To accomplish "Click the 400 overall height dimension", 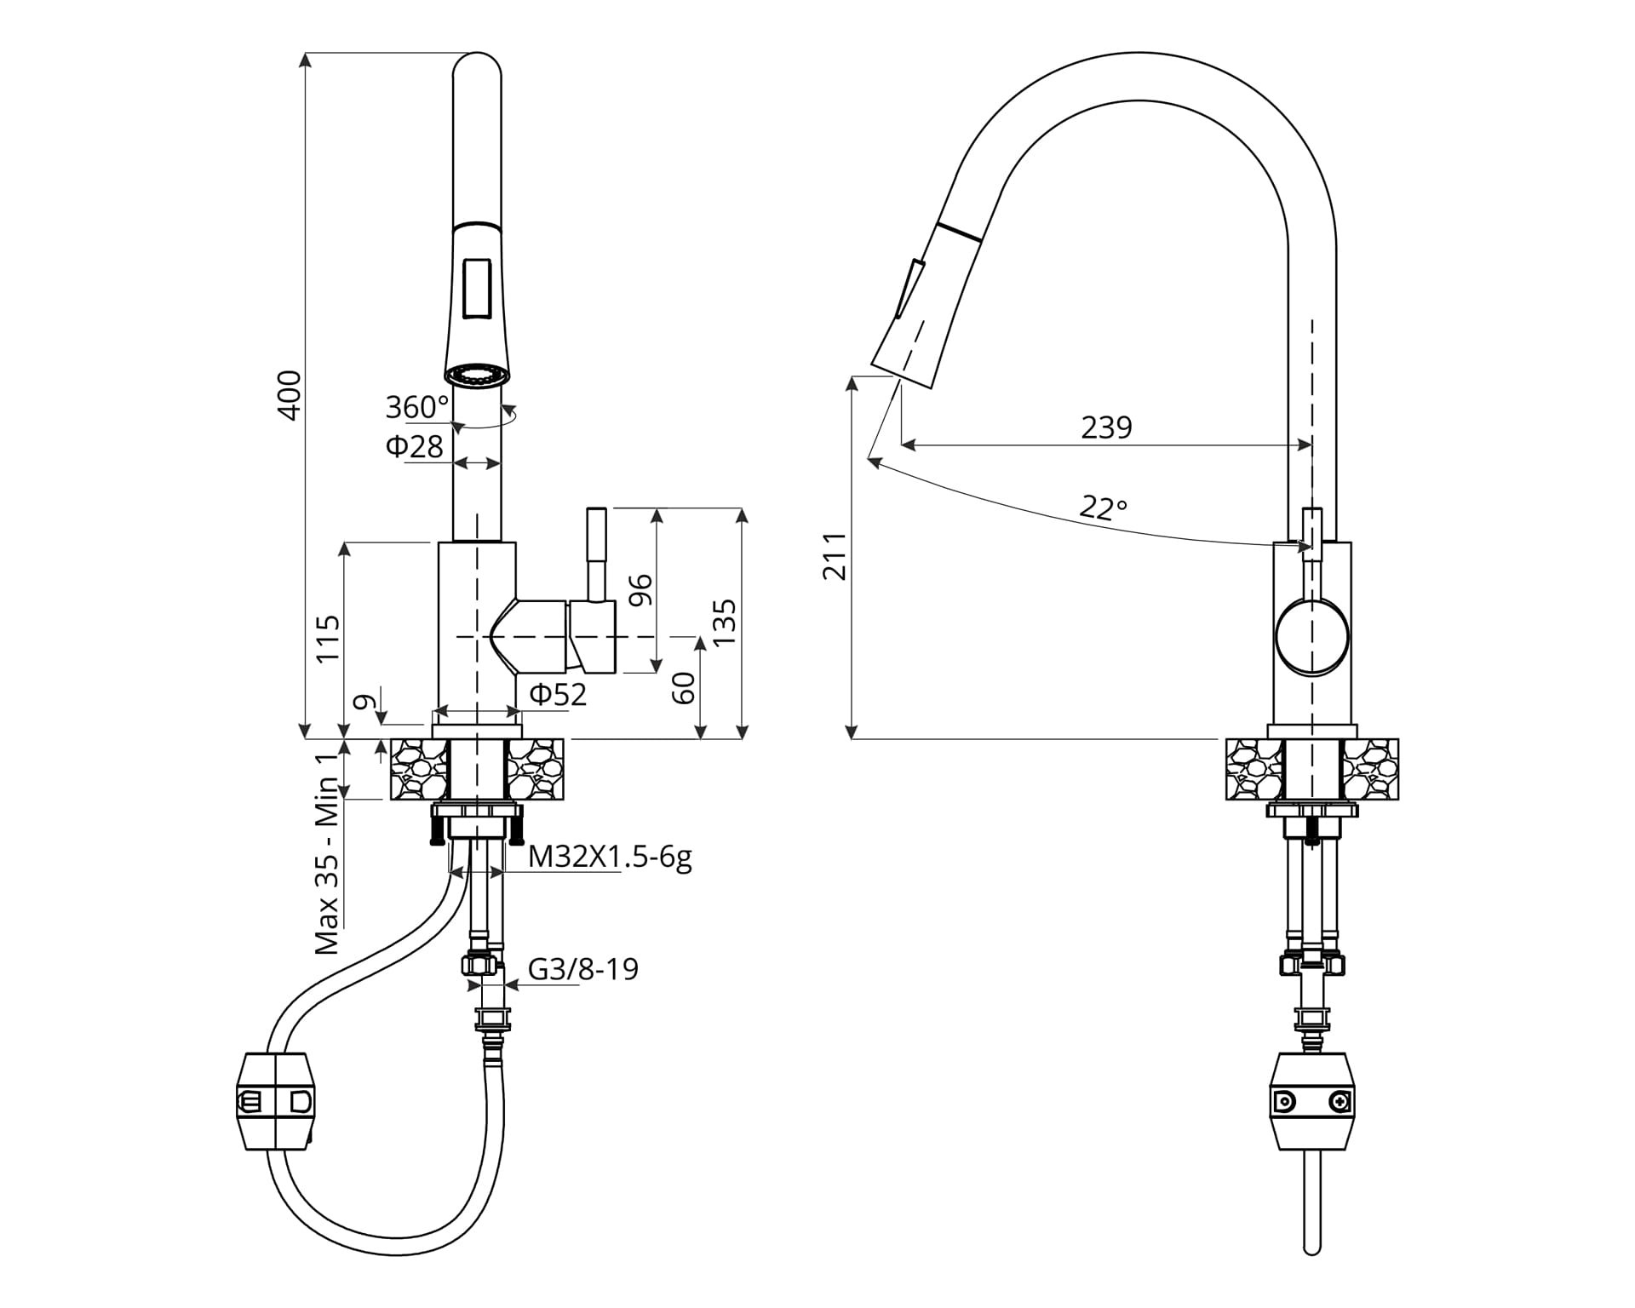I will point(290,394).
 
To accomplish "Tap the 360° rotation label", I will point(416,408).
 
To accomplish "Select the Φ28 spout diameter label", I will point(415,446).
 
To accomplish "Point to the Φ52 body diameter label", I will point(558,695).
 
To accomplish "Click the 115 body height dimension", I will point(328,638).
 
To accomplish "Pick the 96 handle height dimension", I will point(640,590).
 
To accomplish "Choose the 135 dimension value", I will point(723,622).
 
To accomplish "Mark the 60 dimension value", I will point(684,687).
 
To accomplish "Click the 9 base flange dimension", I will point(364,703).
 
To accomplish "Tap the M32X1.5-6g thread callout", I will point(610,857).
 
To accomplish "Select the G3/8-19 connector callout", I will point(583,969).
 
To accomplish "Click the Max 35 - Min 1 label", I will point(327,854).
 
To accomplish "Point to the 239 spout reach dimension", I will point(1106,427).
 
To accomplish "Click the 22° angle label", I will point(1103,508).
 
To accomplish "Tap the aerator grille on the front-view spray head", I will point(477,375).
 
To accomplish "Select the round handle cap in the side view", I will point(1312,637).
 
